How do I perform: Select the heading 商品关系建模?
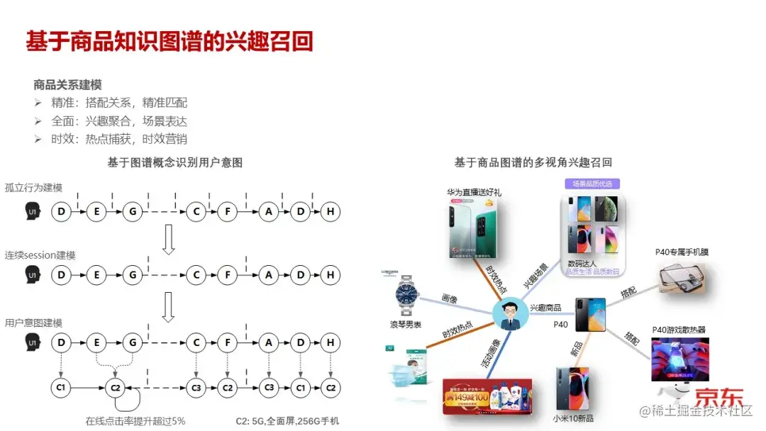click(x=67, y=84)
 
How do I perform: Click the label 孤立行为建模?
click(x=33, y=188)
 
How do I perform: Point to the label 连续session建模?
click(x=40, y=255)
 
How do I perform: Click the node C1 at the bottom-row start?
click(x=62, y=388)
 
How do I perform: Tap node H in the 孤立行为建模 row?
click(x=330, y=211)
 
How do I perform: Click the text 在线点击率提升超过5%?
click(x=135, y=420)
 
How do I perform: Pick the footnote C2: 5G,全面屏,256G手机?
click(x=287, y=420)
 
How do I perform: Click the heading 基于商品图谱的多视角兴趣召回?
click(x=533, y=162)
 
